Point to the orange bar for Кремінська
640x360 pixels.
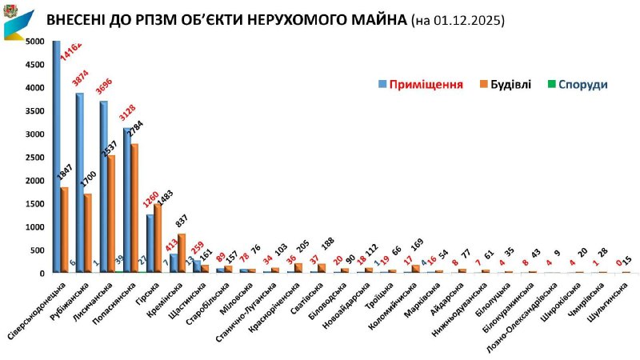tap(182, 253)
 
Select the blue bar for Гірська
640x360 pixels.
tap(150, 243)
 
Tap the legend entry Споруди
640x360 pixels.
tap(582, 84)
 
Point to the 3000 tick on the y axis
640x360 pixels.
tap(34, 134)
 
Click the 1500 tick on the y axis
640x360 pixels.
tap(34, 204)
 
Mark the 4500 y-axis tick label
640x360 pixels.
tap(34, 65)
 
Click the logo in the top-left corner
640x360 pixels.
tap(18, 22)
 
